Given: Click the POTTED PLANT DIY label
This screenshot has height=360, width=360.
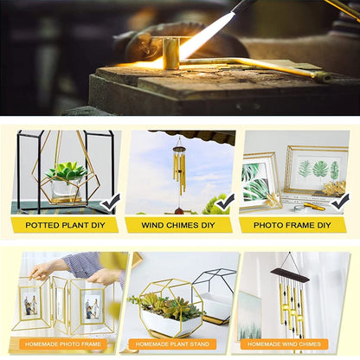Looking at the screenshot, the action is click(x=65, y=225).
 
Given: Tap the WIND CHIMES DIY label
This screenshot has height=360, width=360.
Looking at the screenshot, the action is click(x=178, y=225).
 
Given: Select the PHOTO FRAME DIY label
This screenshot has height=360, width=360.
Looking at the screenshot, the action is click(x=292, y=225).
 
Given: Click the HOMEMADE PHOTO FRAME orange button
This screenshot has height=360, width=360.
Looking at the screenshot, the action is click(x=63, y=344).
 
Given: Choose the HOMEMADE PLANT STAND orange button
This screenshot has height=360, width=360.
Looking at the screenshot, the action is click(x=172, y=344).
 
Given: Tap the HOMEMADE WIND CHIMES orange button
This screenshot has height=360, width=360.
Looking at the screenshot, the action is click(x=285, y=344).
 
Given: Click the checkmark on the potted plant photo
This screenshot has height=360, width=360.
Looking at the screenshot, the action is click(x=110, y=202).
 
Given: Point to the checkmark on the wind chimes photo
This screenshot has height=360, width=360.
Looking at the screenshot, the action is click(x=225, y=202).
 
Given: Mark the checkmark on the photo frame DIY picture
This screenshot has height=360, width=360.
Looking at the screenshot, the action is click(x=340, y=202).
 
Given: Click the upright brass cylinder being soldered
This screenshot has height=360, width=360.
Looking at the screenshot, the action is click(x=170, y=54).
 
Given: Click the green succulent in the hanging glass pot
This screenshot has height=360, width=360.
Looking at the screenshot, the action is click(x=67, y=170).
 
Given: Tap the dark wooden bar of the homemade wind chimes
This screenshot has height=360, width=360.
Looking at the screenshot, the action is click(x=290, y=275).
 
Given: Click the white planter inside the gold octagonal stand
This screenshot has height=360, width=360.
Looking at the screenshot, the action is click(x=170, y=322).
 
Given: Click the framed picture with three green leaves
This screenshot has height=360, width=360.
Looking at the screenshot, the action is click(x=318, y=170).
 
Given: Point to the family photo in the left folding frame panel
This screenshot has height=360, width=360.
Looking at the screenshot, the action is click(x=30, y=305).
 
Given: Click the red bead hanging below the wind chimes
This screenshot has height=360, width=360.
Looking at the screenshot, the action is click(x=179, y=211).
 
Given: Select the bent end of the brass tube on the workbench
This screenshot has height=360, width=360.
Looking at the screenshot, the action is click(x=323, y=76).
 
